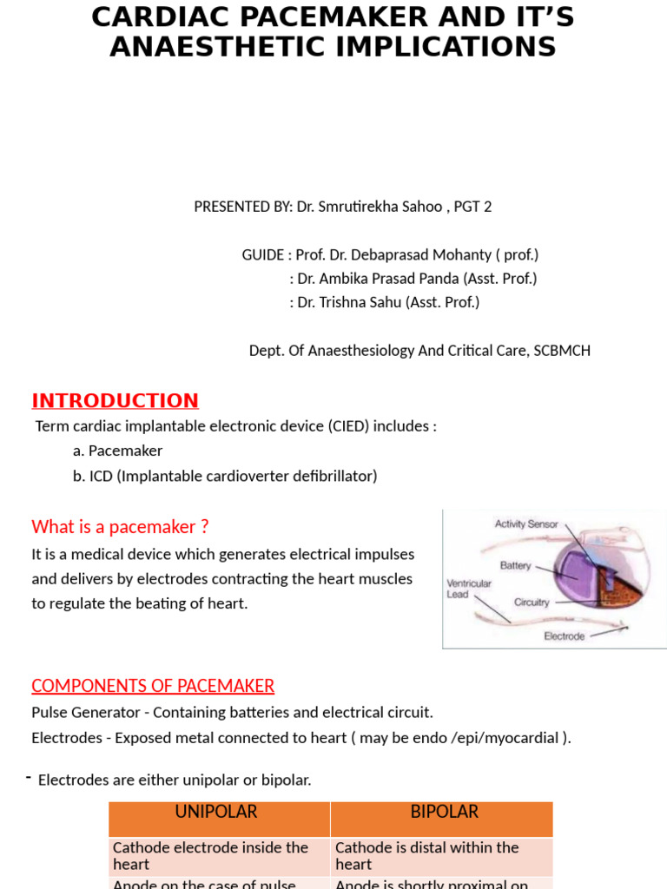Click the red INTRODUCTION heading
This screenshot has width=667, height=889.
(115, 400)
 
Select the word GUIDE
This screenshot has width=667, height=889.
(262, 255)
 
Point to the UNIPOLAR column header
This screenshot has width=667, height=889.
(216, 812)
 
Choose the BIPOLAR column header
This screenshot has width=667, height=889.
(444, 812)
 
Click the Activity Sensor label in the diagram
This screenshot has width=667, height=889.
(526, 524)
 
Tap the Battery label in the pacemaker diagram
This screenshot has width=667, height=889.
(515, 565)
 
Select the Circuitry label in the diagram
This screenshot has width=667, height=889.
(532, 602)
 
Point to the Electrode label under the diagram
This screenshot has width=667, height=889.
(564, 635)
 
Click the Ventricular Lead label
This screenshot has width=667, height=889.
(469, 589)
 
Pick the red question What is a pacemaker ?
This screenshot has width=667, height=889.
(120, 527)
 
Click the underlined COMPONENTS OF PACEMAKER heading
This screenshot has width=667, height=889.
(153, 686)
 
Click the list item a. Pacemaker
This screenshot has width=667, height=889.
(118, 451)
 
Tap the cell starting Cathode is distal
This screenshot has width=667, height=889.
(426, 855)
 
